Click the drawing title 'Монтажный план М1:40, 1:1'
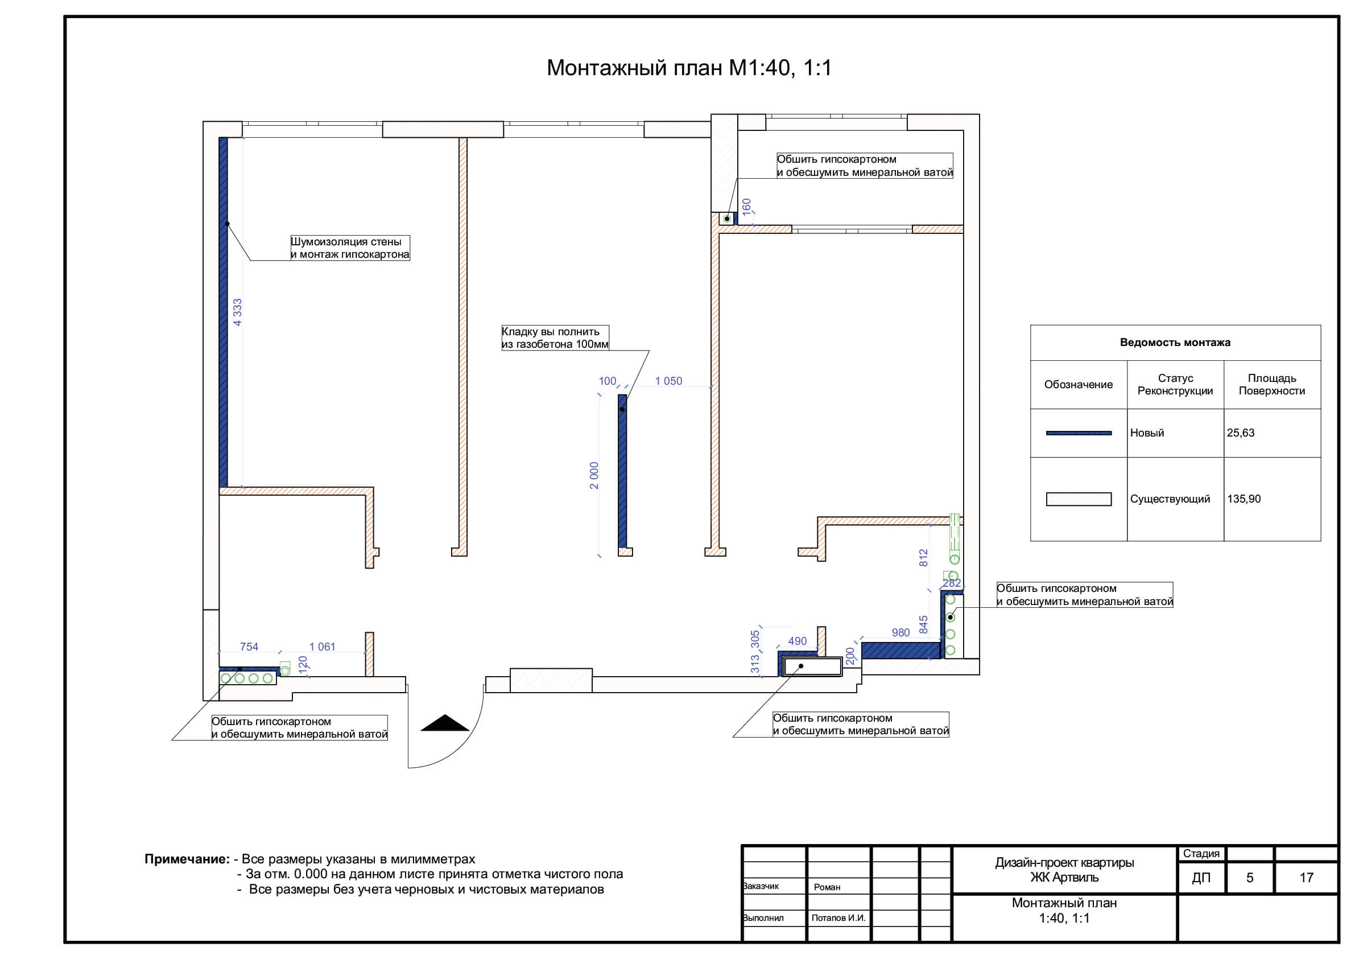coord(689,68)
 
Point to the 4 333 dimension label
coord(237,312)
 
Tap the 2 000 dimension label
coord(594,475)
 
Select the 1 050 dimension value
coord(668,381)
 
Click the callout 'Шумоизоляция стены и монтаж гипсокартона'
coord(350,248)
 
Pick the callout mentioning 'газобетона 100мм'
coord(555,337)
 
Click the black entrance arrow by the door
coord(444,723)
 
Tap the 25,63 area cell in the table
coord(1241,433)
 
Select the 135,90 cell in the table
coord(1244,499)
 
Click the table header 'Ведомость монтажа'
coord(1175,343)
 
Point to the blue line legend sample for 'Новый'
coord(1078,433)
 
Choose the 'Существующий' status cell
coord(1170,499)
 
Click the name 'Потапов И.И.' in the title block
coord(838,918)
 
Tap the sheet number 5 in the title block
coord(1249,878)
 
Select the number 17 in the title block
coord(1306,878)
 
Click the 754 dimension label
coord(249,647)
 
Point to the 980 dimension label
coord(900,632)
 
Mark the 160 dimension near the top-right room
coord(746,207)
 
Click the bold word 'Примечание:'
coord(187,859)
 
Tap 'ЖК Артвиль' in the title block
coord(1065,878)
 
